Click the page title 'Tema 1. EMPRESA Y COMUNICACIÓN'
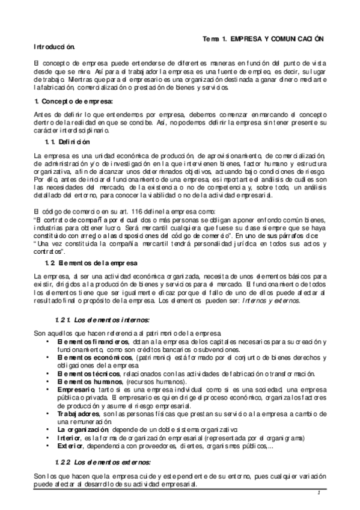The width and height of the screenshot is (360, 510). click(x=263, y=38)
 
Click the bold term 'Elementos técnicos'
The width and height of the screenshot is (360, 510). click(x=84, y=373)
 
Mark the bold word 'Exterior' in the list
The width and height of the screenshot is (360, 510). click(x=69, y=446)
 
